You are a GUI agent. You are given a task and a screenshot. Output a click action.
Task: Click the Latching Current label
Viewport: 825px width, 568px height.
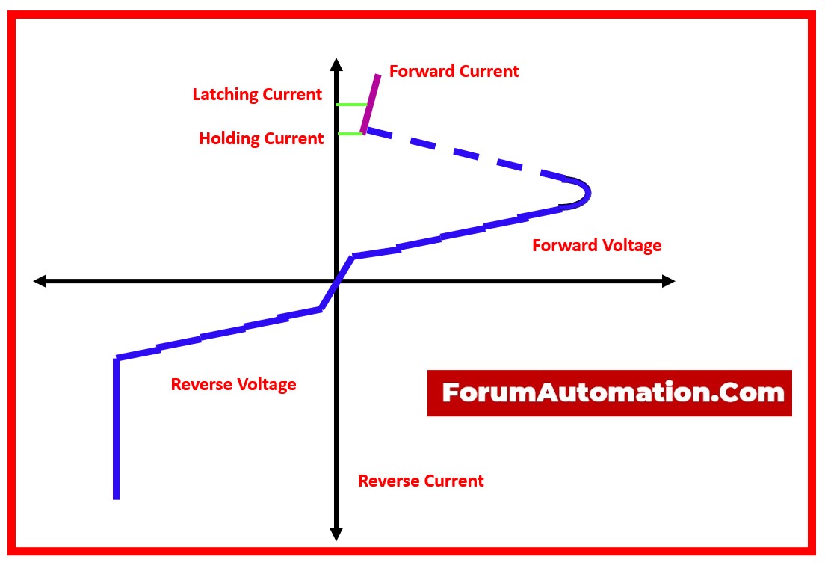coord(257,95)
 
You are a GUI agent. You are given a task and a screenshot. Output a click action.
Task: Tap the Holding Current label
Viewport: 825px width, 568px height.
coord(261,139)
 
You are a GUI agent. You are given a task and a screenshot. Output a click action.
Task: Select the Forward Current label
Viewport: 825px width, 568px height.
coord(454,72)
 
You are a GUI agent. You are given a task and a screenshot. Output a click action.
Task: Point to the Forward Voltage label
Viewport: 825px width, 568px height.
coord(596,245)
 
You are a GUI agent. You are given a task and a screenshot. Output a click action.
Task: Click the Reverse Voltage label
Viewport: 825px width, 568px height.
coord(233,385)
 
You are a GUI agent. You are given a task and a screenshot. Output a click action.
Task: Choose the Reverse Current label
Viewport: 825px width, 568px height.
coord(421,481)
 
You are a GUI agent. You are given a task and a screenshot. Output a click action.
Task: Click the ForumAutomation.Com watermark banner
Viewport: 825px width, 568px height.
coord(609,393)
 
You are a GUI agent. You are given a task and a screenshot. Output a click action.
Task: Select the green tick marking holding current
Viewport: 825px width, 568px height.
coord(349,134)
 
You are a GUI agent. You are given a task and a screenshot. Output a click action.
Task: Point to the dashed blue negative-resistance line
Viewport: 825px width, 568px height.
coord(463,155)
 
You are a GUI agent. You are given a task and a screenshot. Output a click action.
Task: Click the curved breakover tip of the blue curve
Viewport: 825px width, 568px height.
coord(585,193)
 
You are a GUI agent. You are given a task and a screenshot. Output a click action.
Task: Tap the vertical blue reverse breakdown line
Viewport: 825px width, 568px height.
coord(116,430)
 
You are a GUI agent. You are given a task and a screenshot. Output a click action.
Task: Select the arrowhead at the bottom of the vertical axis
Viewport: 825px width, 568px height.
coord(336,534)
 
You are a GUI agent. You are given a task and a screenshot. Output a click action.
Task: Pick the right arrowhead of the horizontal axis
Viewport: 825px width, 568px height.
coord(668,281)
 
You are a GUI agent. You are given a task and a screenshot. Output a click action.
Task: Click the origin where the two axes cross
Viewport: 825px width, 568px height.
coord(336,281)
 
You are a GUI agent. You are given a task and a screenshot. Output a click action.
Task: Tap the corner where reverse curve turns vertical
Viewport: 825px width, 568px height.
coord(117,359)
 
